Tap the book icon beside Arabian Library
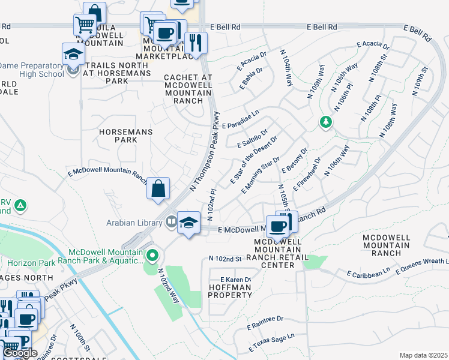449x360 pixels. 172,222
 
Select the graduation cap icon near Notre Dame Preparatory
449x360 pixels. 73,55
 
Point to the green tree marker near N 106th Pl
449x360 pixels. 325,122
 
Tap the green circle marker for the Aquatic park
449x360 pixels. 152,256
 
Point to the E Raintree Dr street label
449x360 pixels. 265,323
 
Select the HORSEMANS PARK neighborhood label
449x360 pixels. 125,135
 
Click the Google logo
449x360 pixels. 20,353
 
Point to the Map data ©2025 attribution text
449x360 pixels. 423,355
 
